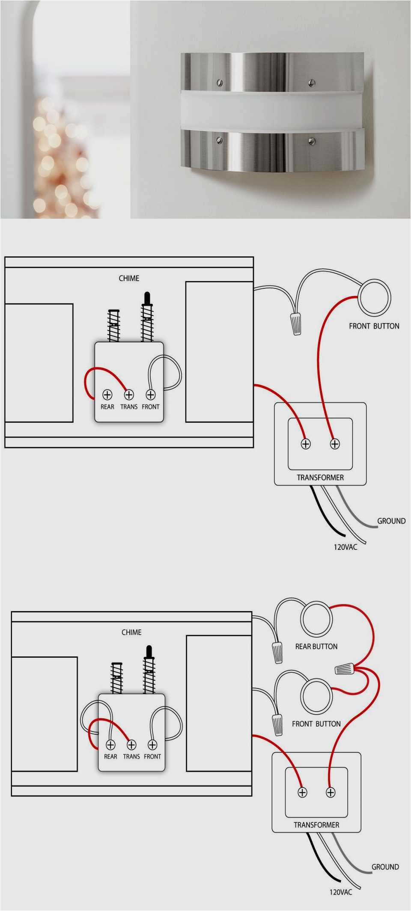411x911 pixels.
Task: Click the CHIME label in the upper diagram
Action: click(129, 278)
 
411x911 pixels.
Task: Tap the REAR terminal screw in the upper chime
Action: click(107, 395)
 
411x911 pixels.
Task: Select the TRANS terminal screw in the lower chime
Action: click(131, 745)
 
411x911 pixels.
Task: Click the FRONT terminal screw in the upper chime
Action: click(151, 395)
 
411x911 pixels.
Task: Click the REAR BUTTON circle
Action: click(316, 619)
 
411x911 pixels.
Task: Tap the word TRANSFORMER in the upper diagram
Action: click(320, 478)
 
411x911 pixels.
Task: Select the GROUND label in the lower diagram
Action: click(385, 867)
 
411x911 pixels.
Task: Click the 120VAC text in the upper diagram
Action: click(345, 547)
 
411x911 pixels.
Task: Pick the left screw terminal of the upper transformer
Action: click(305, 444)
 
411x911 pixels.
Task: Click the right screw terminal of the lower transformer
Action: click(331, 792)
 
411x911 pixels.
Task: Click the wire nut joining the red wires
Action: click(344, 668)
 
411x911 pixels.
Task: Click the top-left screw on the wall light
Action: click(220, 83)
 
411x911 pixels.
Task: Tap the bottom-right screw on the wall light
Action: click(312, 141)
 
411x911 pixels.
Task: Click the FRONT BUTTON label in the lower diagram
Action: click(316, 724)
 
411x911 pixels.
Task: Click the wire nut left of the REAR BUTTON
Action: click(277, 652)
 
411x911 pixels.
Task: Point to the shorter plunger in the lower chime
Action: click(116, 678)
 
